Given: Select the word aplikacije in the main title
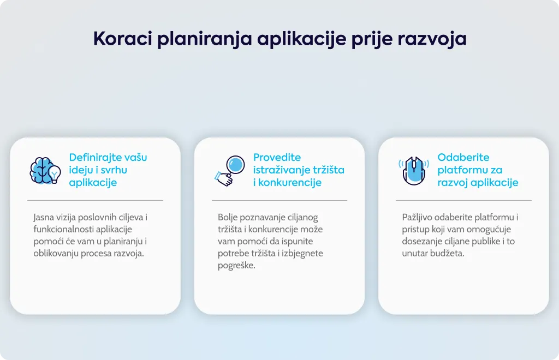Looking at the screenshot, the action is pos(301,39).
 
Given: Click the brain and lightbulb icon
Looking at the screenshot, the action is pos(45,171).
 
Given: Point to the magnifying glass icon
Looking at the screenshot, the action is pos(230,171).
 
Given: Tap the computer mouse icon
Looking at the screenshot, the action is pos(414,171).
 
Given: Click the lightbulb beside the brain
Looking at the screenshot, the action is pos(55,174).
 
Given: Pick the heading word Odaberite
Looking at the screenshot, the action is pos(463,158).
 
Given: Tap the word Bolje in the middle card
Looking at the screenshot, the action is pos(228,217).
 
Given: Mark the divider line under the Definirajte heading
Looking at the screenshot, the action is pos(95,201).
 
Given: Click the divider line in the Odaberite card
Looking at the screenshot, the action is pos(463,201).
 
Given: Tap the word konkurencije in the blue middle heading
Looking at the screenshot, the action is pos(290,182).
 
